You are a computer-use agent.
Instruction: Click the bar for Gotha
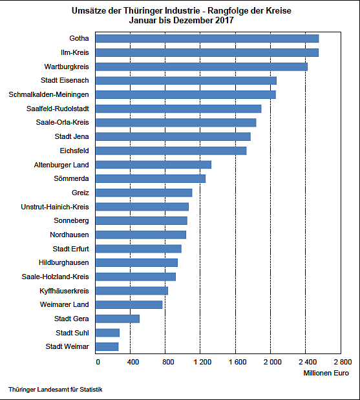pyautogui.click(x=207, y=39)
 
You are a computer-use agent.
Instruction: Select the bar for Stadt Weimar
pyautogui.click(x=107, y=347)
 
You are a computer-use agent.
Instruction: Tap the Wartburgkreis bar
pyautogui.click(x=202, y=67)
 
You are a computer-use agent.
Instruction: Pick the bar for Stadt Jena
pyautogui.click(x=173, y=136)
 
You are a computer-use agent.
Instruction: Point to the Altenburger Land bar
pyautogui.click(x=153, y=165)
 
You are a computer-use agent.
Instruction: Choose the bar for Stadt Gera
pyautogui.click(x=118, y=319)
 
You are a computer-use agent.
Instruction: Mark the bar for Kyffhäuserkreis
pyautogui.click(x=132, y=291)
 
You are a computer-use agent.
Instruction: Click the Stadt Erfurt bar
pyautogui.click(x=138, y=249)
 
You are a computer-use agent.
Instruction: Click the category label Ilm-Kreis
pyautogui.click(x=74, y=52)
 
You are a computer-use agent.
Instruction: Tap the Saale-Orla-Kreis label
pyautogui.click(x=63, y=123)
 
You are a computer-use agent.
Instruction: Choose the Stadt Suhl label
pyautogui.click(x=72, y=333)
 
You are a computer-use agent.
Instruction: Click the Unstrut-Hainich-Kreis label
pyautogui.click(x=55, y=207)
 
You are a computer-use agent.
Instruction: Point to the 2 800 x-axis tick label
pyautogui.click(x=342, y=362)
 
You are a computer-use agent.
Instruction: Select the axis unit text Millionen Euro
pyautogui.click(x=326, y=374)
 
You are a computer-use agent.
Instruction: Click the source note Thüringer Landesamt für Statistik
pyautogui.click(x=56, y=390)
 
